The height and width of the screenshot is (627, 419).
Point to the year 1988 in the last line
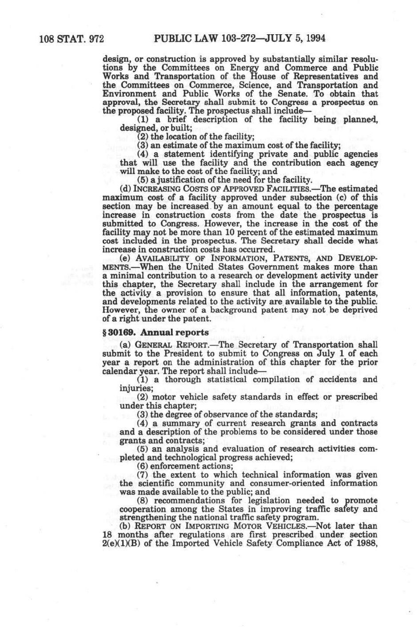coord(366,543)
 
